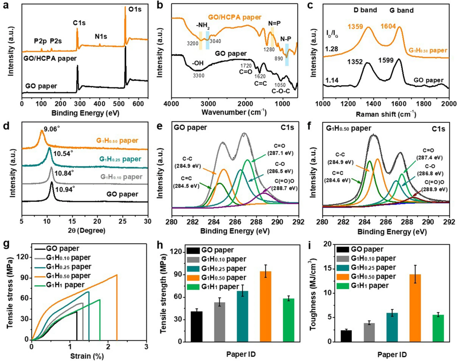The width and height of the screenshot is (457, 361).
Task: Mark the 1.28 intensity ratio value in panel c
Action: point(331,50)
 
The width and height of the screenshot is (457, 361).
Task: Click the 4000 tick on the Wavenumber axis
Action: point(171,103)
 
